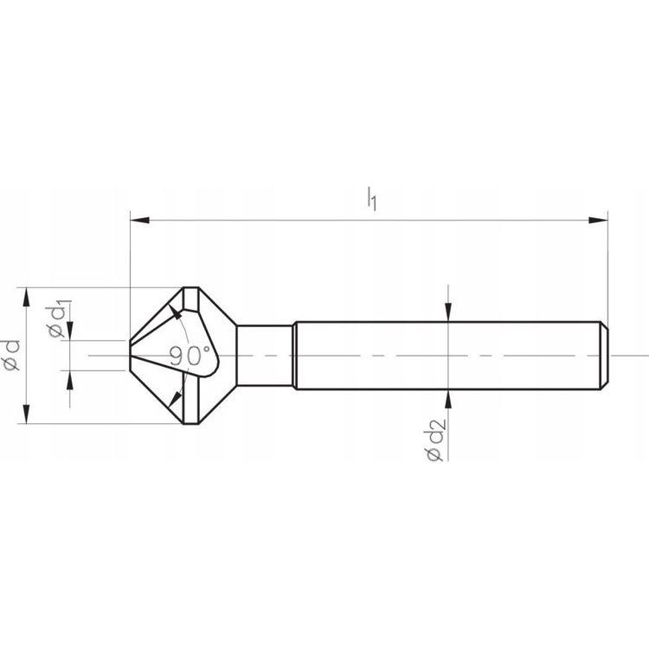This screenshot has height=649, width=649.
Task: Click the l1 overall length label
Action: (x=372, y=199)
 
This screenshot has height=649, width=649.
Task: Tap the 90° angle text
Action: (x=190, y=356)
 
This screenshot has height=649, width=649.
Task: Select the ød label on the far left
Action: (x=11, y=355)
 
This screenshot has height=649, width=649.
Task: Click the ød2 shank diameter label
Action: (x=434, y=440)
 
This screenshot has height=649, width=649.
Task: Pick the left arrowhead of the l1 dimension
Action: (x=139, y=220)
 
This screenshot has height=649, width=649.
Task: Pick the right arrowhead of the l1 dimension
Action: (x=599, y=220)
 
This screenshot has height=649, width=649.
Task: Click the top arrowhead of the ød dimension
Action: (x=27, y=297)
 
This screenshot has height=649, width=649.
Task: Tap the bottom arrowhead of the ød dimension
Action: (x=27, y=414)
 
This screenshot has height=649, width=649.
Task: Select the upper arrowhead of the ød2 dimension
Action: (x=448, y=312)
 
